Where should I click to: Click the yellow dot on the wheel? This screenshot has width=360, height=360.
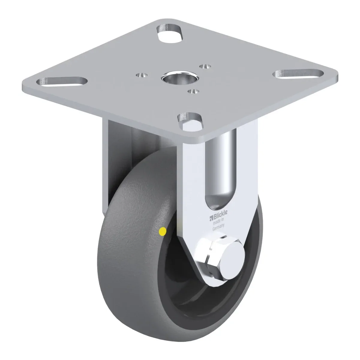coord(162,231)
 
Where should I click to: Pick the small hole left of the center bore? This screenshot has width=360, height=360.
coord(142,75)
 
